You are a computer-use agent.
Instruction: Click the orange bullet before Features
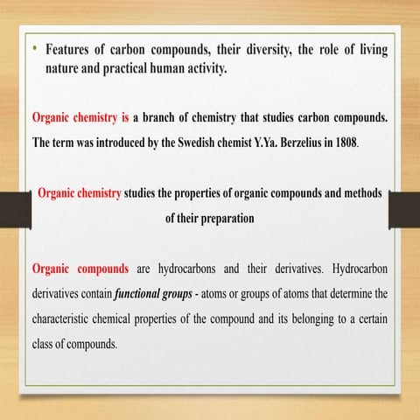coord(36,49)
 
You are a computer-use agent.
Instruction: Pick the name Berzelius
coord(290,142)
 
